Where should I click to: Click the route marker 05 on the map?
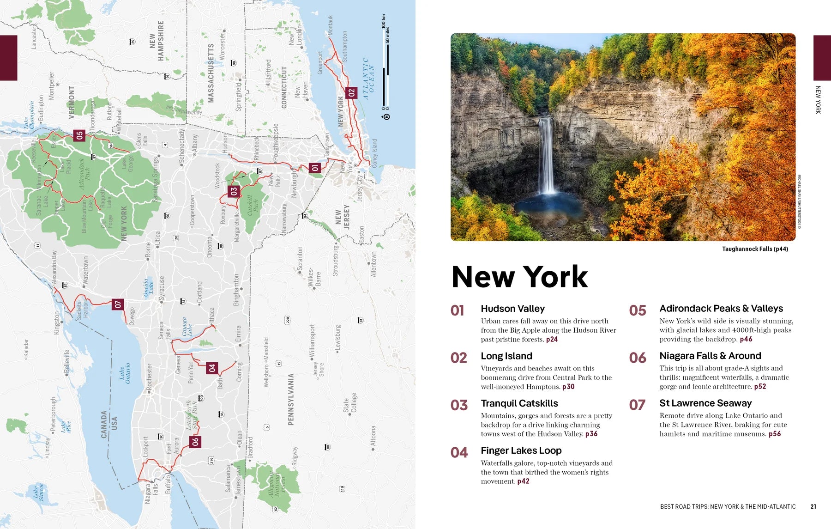79,135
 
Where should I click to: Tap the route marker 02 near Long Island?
351,93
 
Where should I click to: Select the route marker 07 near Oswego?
118,304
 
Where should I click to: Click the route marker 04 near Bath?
212,368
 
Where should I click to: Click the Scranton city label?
300,259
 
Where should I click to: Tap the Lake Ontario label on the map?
125,373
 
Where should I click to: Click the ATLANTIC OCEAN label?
369,79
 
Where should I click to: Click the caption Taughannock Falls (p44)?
755,249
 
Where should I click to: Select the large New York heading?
519,277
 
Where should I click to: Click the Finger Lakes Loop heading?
521,450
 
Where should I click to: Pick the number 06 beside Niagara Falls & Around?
637,358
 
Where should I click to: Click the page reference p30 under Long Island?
568,387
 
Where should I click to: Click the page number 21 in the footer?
813,506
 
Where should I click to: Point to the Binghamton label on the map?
236,290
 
